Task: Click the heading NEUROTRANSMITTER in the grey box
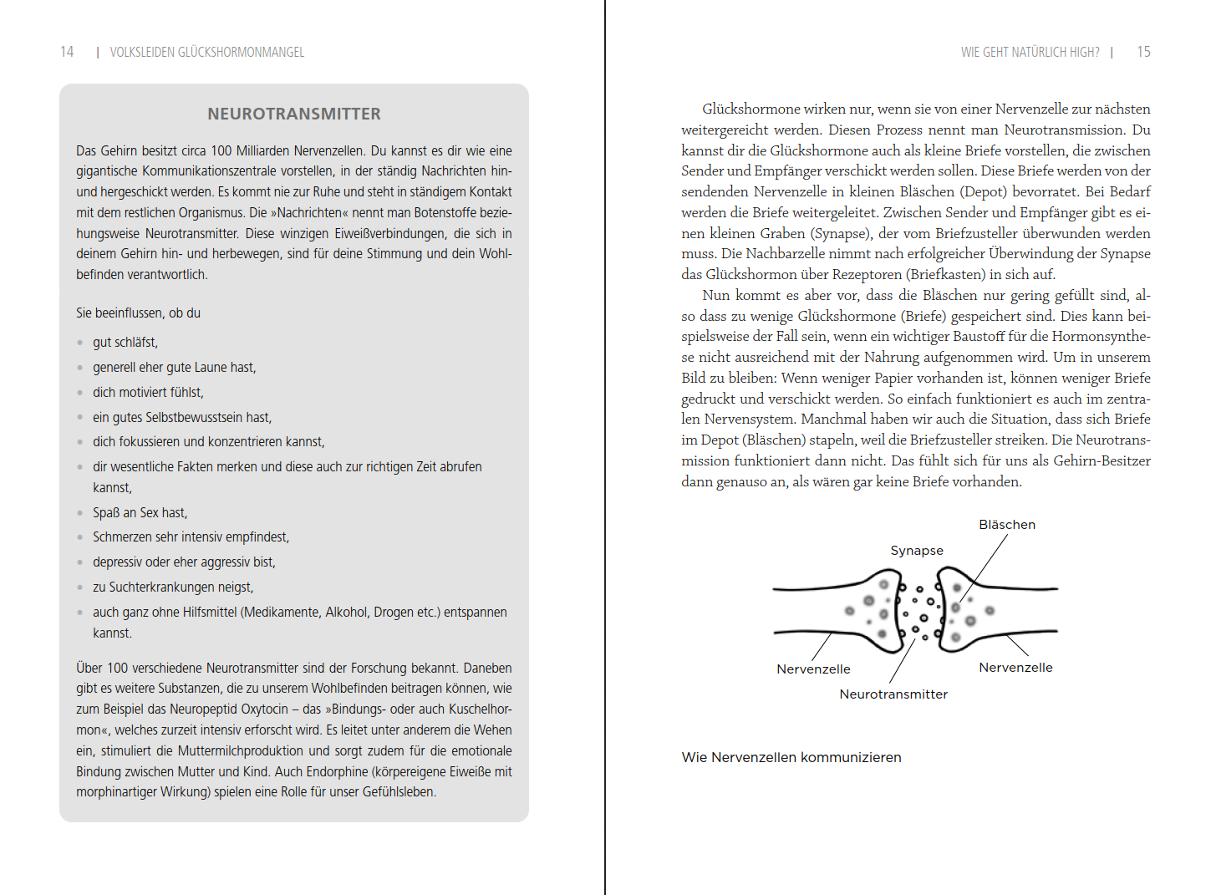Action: (294, 114)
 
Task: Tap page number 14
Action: (67, 52)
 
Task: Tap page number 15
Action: (1143, 52)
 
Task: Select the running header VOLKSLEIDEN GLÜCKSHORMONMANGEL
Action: (207, 52)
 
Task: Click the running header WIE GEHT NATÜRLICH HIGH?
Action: (1030, 52)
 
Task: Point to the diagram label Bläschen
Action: (1007, 525)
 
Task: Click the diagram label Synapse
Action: (917, 551)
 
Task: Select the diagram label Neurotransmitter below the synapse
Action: (893, 694)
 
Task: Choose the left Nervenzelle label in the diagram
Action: (813, 669)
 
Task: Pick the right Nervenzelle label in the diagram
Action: (1015, 668)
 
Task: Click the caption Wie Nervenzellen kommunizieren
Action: (791, 757)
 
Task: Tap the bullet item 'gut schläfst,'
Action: (125, 342)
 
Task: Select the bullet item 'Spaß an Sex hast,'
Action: (140, 512)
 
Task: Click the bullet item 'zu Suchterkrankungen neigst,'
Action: (173, 587)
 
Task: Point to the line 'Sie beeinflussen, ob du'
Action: (138, 313)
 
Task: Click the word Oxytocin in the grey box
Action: (264, 709)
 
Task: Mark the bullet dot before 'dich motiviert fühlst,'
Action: (80, 392)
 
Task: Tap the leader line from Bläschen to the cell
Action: (985, 567)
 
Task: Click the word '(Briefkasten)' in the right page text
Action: (946, 274)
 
